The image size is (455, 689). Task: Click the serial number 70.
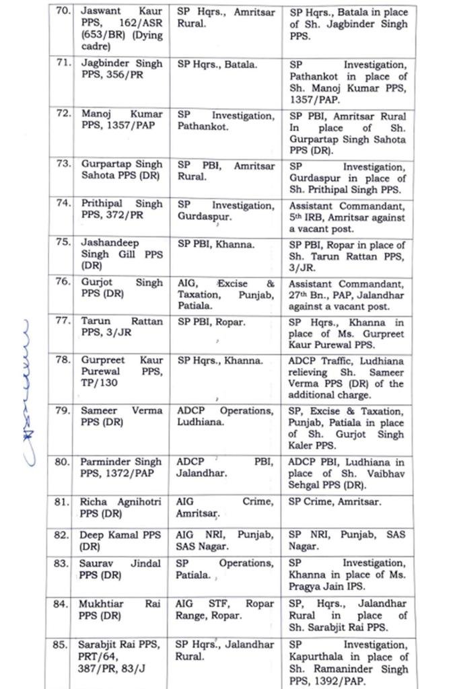62,11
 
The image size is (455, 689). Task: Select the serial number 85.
62,645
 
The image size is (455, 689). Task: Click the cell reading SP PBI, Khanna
216,244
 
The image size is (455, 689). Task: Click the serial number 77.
62,321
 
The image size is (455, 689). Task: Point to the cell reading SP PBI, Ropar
211,322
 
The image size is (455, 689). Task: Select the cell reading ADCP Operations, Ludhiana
225,416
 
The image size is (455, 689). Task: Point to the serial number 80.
62,462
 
